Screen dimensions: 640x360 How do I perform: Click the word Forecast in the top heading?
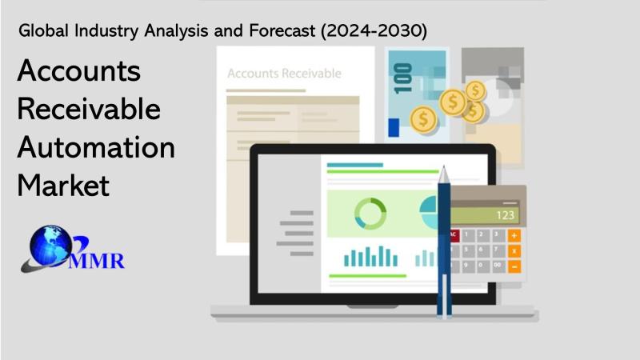(282, 31)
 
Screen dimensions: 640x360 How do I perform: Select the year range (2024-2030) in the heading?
(374, 31)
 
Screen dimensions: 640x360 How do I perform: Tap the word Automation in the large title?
(96, 147)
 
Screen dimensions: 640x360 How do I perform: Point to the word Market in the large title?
(63, 186)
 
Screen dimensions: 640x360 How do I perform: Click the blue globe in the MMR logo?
(50, 246)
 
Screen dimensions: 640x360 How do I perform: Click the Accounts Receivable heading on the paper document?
(285, 74)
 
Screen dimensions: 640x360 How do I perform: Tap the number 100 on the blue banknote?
(402, 78)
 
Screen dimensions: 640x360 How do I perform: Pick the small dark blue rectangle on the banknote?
(394, 127)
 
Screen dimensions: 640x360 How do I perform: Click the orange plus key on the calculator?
(514, 235)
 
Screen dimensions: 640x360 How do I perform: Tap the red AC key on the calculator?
(454, 235)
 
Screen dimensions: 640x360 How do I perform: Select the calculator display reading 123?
(486, 215)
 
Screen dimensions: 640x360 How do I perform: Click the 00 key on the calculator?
(498, 266)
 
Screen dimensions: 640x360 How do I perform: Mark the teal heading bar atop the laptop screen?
(355, 165)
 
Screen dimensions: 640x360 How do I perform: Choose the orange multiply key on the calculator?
(514, 251)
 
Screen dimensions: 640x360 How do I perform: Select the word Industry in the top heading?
(106, 31)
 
